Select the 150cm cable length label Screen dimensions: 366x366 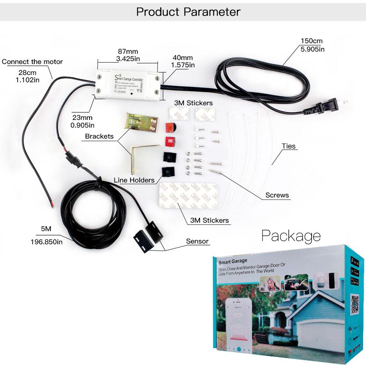coord(312,41)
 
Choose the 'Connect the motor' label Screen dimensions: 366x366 coord(32,61)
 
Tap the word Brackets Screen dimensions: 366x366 coord(99,136)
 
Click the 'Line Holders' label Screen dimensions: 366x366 coord(134,180)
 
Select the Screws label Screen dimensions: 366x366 coord(277,195)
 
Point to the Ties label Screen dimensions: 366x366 coord(288,146)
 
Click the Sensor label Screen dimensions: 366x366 coord(197,241)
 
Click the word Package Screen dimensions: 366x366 coord(291,235)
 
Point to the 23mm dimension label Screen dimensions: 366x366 coord(82,117)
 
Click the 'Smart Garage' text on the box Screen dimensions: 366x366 coord(233,261)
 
